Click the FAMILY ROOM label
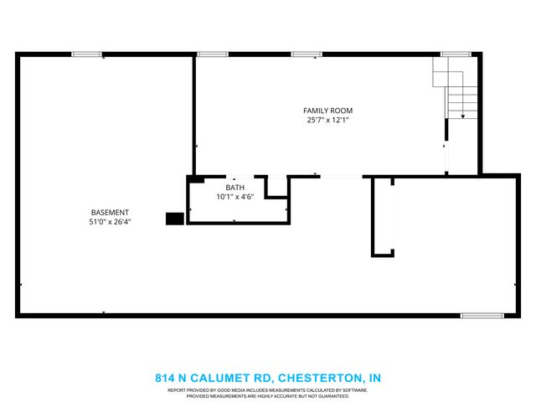pos(327,111)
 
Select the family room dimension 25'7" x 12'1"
pos(327,120)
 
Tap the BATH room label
pos(235,188)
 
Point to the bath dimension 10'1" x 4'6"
pos(235,197)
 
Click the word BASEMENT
pos(110,213)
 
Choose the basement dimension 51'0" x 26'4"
pos(110,222)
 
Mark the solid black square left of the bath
pos(174,219)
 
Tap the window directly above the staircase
pos(456,54)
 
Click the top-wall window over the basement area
pos(86,54)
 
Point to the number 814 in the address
pos(165,378)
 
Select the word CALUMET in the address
pos(222,378)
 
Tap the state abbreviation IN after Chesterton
pos(374,378)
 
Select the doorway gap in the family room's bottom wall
pos(341,176)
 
